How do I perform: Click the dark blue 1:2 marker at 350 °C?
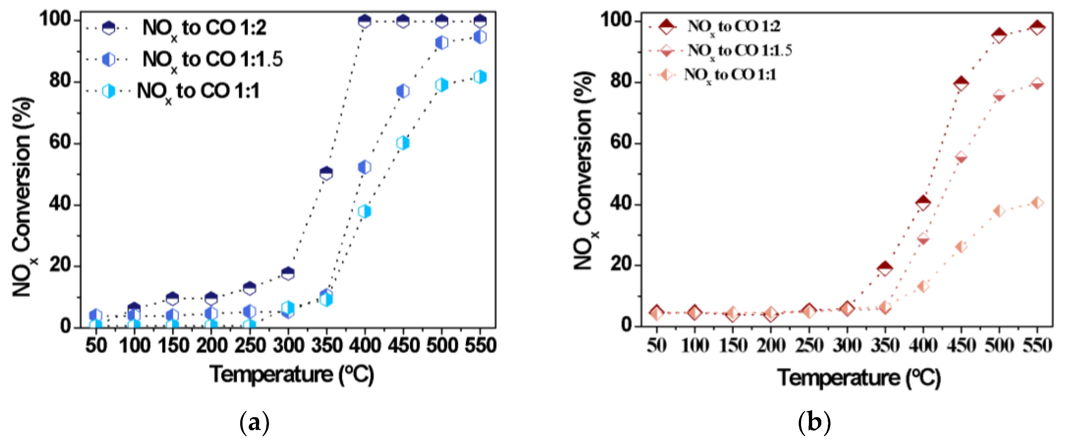coord(326,173)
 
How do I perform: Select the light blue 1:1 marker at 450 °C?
coord(403,143)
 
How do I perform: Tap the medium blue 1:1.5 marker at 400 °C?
coord(365,167)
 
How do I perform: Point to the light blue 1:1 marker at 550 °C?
coord(480,77)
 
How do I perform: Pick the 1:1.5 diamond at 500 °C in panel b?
coord(999,96)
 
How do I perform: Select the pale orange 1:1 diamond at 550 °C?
coord(1038,203)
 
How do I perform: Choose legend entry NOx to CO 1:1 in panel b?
coord(730,75)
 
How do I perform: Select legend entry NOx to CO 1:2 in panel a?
coord(204,28)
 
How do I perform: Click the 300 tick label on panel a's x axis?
coord(288,346)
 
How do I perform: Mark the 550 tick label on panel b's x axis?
coord(1038,346)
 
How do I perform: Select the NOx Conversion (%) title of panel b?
coord(584,170)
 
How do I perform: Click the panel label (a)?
coord(255,423)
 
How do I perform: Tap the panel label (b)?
coord(814,423)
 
